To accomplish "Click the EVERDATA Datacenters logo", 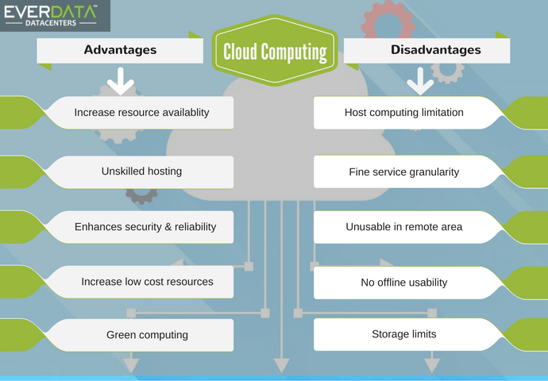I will pyautogui.click(x=54, y=15).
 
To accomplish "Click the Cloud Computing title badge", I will pyautogui.click(x=275, y=52).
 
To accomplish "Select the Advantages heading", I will pyautogui.click(x=120, y=50).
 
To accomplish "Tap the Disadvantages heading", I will pyautogui.click(x=435, y=50).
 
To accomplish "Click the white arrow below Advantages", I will pyautogui.click(x=120, y=80).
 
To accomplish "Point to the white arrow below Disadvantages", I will pyautogui.click(x=419, y=80).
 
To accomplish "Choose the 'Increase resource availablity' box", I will pyautogui.click(x=141, y=113).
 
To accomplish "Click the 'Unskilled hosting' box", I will pyautogui.click(x=141, y=171).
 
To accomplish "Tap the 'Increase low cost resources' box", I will pyautogui.click(x=146, y=282).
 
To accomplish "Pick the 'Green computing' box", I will pyautogui.click(x=147, y=335).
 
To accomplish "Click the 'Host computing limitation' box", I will pyautogui.click(x=403, y=113).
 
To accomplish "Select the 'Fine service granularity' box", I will pyautogui.click(x=403, y=171).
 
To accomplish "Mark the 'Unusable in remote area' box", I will pyautogui.click(x=403, y=227).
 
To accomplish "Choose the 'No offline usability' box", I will pyautogui.click(x=403, y=283).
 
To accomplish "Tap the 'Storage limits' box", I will pyautogui.click(x=403, y=334).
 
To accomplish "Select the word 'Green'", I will pyautogui.click(x=122, y=335).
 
